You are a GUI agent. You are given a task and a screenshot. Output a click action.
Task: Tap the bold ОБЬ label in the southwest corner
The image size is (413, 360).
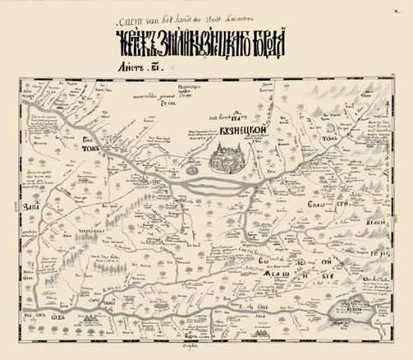pyautogui.click(x=59, y=317)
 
